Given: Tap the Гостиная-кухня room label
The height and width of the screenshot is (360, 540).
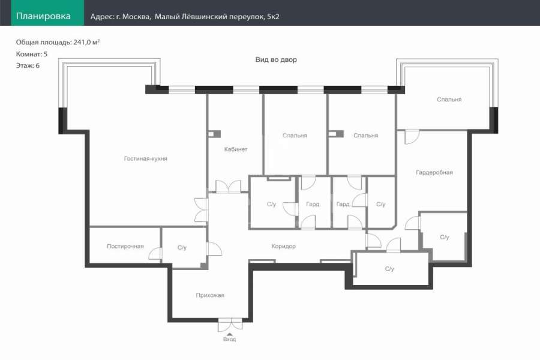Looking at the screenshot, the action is [x=145, y=158].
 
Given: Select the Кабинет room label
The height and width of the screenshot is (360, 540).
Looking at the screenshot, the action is [x=236, y=149].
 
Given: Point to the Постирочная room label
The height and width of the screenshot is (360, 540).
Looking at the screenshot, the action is [x=125, y=247].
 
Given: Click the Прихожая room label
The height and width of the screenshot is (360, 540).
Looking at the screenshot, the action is [x=210, y=295].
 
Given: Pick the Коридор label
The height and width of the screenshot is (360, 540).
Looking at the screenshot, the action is [x=283, y=247].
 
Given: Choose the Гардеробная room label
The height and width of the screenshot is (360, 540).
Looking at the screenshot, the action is [x=434, y=172].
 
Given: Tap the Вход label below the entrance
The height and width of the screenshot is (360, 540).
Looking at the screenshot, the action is [x=229, y=340].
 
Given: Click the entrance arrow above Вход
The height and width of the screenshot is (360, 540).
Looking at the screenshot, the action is [x=230, y=334].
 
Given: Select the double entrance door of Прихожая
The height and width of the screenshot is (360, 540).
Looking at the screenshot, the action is [x=230, y=325].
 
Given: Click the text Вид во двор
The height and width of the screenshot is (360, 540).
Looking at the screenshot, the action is [x=276, y=59].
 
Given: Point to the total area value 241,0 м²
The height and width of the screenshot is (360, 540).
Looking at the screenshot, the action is [x=86, y=42].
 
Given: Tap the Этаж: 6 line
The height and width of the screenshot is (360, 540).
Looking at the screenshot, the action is [x=28, y=65].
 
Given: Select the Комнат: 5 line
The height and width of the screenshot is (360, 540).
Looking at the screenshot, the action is [x=31, y=54].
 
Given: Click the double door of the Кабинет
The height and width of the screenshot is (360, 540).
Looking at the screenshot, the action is [x=229, y=187].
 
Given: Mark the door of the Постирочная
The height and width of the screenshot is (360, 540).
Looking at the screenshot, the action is [x=155, y=254].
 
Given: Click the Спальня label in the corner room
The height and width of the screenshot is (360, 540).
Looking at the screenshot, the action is [x=449, y=100].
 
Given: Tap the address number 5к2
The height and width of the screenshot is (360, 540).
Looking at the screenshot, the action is [x=273, y=17].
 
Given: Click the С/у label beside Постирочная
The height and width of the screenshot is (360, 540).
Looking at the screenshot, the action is [x=182, y=247].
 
